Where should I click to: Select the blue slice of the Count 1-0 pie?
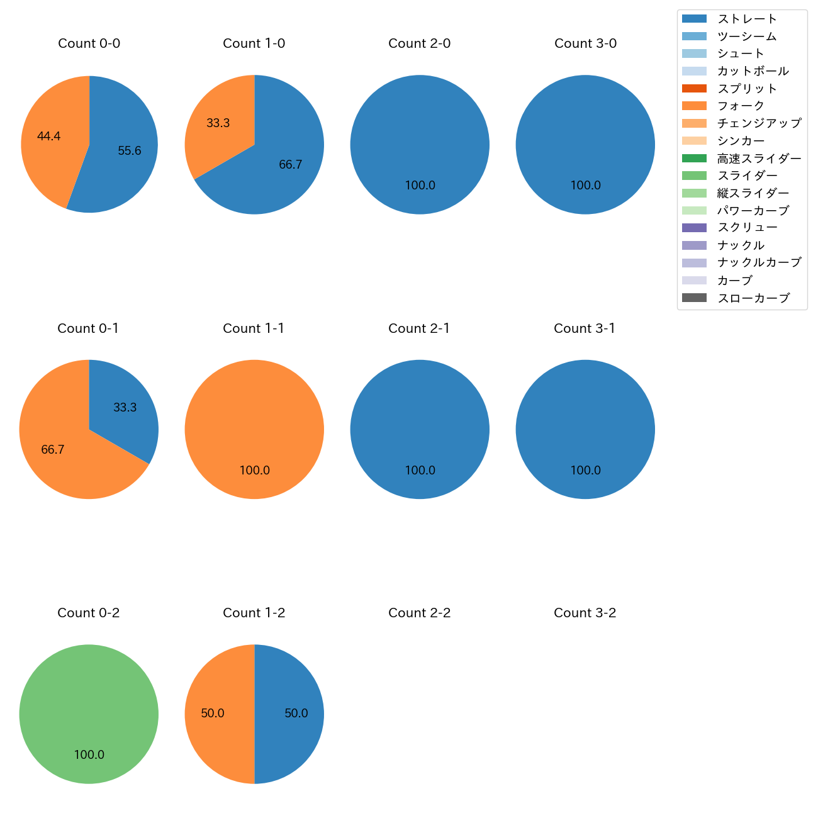coord(283,170)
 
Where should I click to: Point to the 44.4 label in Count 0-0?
coord(48,136)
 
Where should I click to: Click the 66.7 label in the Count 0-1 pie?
coord(53,449)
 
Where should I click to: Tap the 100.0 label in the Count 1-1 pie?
coord(254,470)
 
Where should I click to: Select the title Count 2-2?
coord(420,613)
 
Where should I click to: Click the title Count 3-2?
coord(585,613)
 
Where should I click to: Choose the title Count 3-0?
coord(585,43)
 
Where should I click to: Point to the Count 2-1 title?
coord(420,328)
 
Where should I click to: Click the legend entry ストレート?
coord(747,19)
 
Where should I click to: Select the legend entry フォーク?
coord(741,106)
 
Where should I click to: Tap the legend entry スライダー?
coord(747,176)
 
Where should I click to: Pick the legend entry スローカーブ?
coord(753,298)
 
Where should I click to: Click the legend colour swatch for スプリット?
coord(694,89)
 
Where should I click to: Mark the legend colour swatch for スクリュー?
coord(694,228)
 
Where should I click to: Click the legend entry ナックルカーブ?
coord(759,262)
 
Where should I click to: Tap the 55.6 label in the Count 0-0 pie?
coord(130,150)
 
